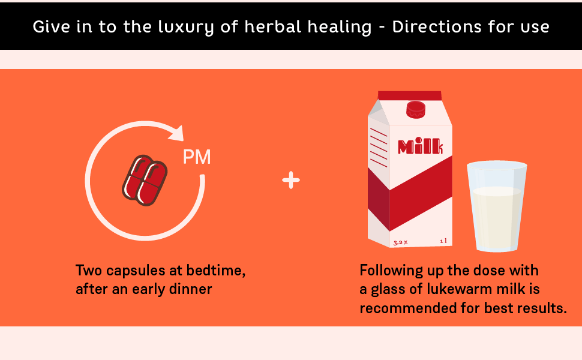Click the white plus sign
click(x=291, y=180)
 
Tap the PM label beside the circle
click(x=197, y=157)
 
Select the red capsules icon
click(x=145, y=181)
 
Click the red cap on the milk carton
click(x=416, y=109)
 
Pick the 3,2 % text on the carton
click(x=400, y=243)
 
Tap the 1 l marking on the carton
click(x=443, y=241)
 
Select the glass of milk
click(x=497, y=206)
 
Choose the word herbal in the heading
click(x=273, y=26)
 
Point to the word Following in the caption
click(x=391, y=271)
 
